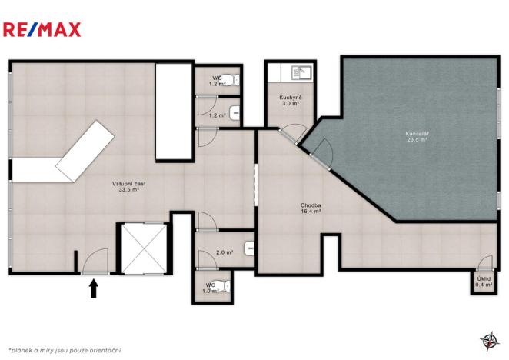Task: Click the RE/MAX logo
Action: click(42, 30)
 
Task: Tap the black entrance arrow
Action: click(94, 288)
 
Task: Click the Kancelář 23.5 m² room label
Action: click(417, 137)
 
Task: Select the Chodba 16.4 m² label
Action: click(311, 208)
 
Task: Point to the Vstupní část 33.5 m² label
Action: click(129, 186)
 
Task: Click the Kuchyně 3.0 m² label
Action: click(290, 100)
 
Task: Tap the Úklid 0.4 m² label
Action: click(484, 282)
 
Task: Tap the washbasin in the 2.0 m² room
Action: click(249, 248)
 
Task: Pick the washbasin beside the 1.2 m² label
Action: click(235, 113)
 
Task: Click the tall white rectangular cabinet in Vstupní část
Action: click(173, 112)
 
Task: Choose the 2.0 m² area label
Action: click(225, 252)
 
